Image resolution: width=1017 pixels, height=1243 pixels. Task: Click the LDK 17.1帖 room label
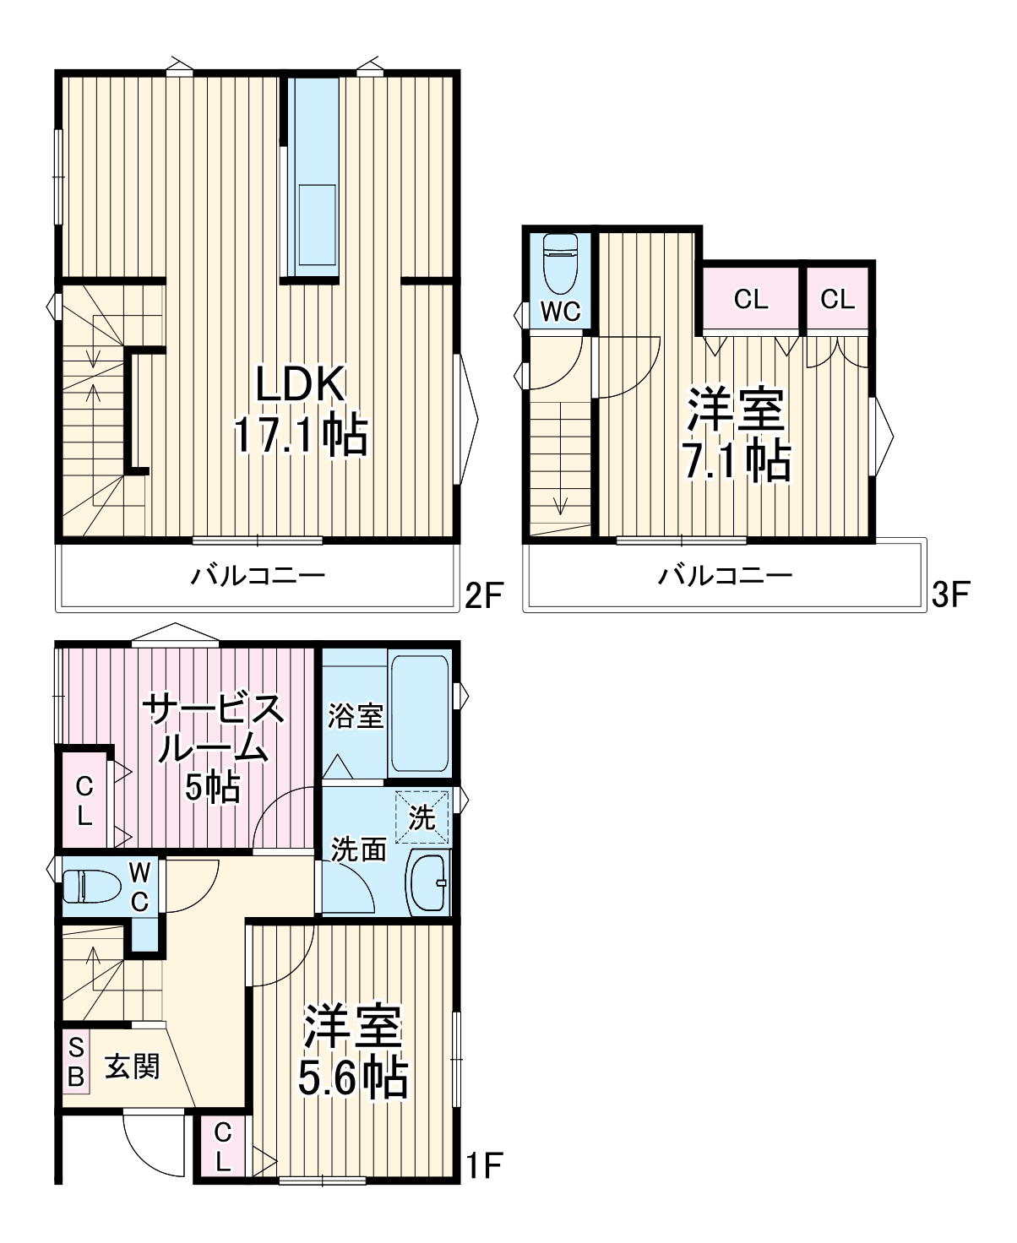point(301,410)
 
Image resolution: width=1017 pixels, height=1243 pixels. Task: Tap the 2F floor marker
point(483,595)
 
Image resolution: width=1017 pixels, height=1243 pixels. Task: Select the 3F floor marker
point(950,595)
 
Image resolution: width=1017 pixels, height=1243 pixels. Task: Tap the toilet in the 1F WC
point(91,887)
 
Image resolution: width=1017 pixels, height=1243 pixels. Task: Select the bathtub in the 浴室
point(419,714)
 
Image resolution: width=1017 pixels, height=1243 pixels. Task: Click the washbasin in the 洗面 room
point(427,882)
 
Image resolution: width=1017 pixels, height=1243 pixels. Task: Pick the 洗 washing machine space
point(422,817)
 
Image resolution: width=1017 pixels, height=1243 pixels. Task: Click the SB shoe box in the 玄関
point(76,1062)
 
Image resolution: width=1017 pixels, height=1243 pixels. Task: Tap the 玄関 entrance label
point(132,1067)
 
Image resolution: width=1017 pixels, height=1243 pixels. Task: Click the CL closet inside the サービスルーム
point(84,801)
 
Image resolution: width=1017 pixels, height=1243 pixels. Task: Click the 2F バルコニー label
point(258,575)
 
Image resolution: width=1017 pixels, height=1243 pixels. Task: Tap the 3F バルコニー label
point(726,575)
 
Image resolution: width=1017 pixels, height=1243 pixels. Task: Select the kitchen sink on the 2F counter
point(318,225)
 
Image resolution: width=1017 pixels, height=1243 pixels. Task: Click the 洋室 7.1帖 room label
point(737,435)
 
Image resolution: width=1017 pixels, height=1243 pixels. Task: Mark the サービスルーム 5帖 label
point(214,749)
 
